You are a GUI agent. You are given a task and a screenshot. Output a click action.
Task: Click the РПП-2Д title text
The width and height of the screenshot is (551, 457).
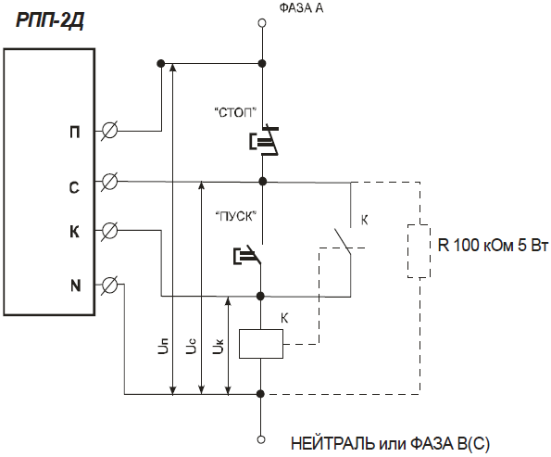[x=50, y=20]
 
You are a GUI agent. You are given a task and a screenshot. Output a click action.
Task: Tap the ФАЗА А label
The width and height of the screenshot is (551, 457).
[x=301, y=7]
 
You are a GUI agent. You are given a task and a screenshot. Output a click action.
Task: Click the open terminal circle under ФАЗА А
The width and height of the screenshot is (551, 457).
[x=262, y=23]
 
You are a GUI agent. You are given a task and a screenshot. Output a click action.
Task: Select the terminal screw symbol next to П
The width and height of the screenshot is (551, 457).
[x=109, y=132]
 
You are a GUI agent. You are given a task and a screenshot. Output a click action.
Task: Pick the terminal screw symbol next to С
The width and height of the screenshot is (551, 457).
[x=109, y=182]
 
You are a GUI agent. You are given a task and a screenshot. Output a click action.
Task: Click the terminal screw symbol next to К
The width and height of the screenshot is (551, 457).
[x=109, y=231]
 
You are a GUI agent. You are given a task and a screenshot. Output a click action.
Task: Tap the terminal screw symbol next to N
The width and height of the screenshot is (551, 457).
[x=109, y=285]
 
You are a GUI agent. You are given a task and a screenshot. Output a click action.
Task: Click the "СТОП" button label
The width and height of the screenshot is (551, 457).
[x=235, y=112]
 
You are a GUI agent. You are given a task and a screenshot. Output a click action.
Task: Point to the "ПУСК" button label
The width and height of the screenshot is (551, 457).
[x=235, y=216]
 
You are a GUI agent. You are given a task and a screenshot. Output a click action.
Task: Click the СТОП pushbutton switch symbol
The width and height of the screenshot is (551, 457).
[x=264, y=140]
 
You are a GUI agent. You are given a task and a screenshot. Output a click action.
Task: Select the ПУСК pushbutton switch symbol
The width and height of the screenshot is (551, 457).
[x=247, y=254]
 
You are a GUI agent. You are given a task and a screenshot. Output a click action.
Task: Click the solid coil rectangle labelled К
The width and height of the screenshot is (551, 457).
[x=261, y=344]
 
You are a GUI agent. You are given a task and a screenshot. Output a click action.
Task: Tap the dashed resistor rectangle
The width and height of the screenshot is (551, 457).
[x=419, y=251]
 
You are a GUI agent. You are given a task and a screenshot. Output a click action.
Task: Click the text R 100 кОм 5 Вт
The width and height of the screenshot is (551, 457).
[x=493, y=245]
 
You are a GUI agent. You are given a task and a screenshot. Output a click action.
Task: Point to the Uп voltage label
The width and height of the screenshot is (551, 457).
[x=163, y=346]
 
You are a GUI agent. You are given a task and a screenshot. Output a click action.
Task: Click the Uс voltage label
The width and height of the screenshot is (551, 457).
[x=191, y=346]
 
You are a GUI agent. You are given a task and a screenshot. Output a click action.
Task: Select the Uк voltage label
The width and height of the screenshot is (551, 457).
[x=219, y=346]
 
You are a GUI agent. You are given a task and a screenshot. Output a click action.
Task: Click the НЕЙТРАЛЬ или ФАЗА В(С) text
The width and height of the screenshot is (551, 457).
[x=390, y=444]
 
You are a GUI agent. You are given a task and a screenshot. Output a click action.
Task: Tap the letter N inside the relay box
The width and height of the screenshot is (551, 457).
[x=76, y=286]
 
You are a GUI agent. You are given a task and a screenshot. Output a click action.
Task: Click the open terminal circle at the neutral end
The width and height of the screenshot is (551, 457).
[x=261, y=439]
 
